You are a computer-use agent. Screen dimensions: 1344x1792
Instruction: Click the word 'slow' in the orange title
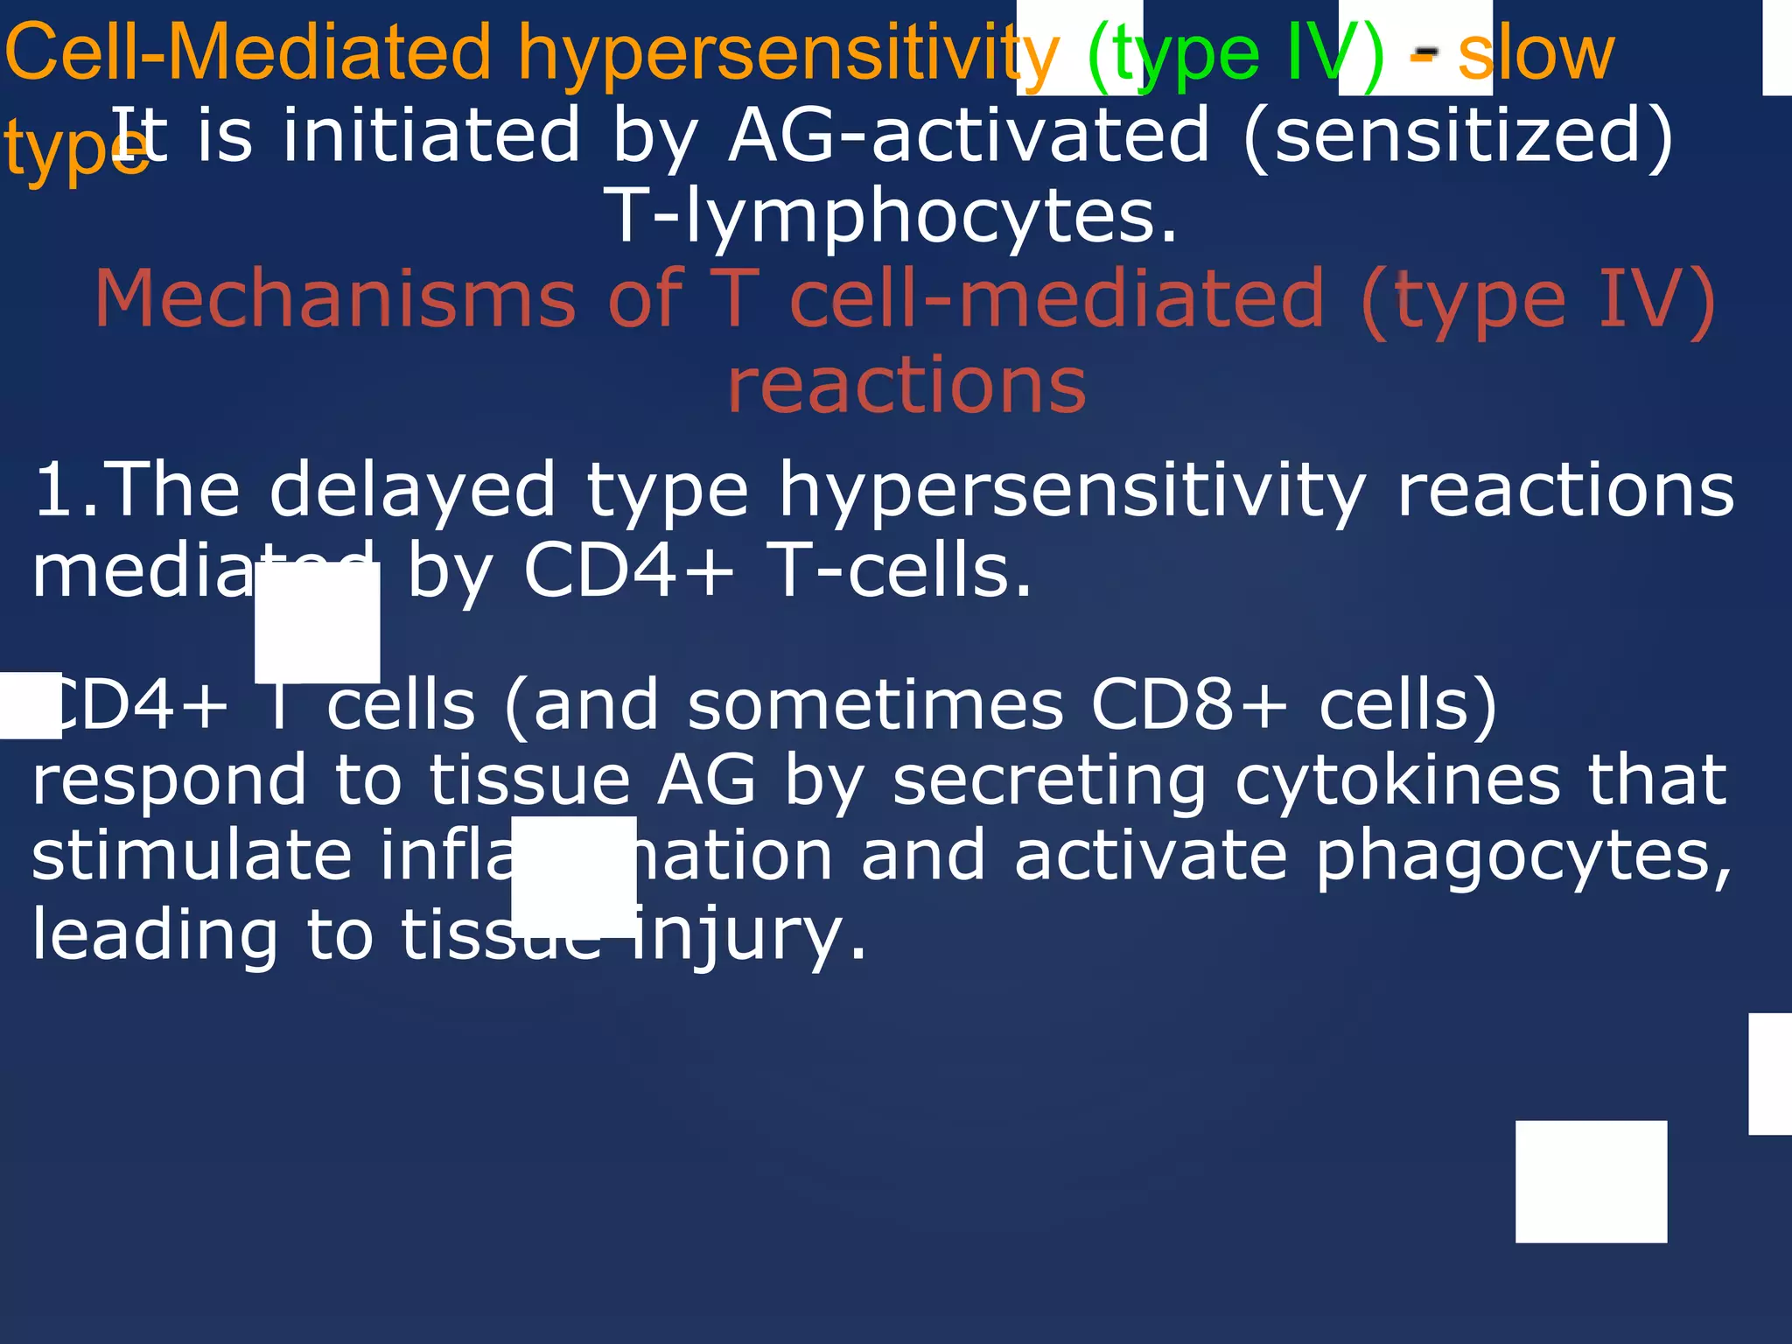(1536, 54)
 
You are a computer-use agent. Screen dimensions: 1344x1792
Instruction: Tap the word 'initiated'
(430, 136)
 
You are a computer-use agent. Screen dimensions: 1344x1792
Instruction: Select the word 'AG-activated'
(969, 136)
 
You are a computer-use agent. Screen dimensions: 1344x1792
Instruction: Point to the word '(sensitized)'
(1457, 136)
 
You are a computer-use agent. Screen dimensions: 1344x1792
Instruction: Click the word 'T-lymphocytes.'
(892, 216)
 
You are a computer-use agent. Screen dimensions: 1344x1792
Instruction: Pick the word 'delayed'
(412, 490)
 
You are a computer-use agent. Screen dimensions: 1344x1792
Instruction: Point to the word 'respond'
(170, 780)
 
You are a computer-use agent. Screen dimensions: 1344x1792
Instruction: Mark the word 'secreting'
(1049, 780)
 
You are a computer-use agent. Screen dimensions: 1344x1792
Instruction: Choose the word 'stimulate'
(191, 856)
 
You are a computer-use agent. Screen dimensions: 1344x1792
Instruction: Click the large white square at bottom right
(1591, 1181)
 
